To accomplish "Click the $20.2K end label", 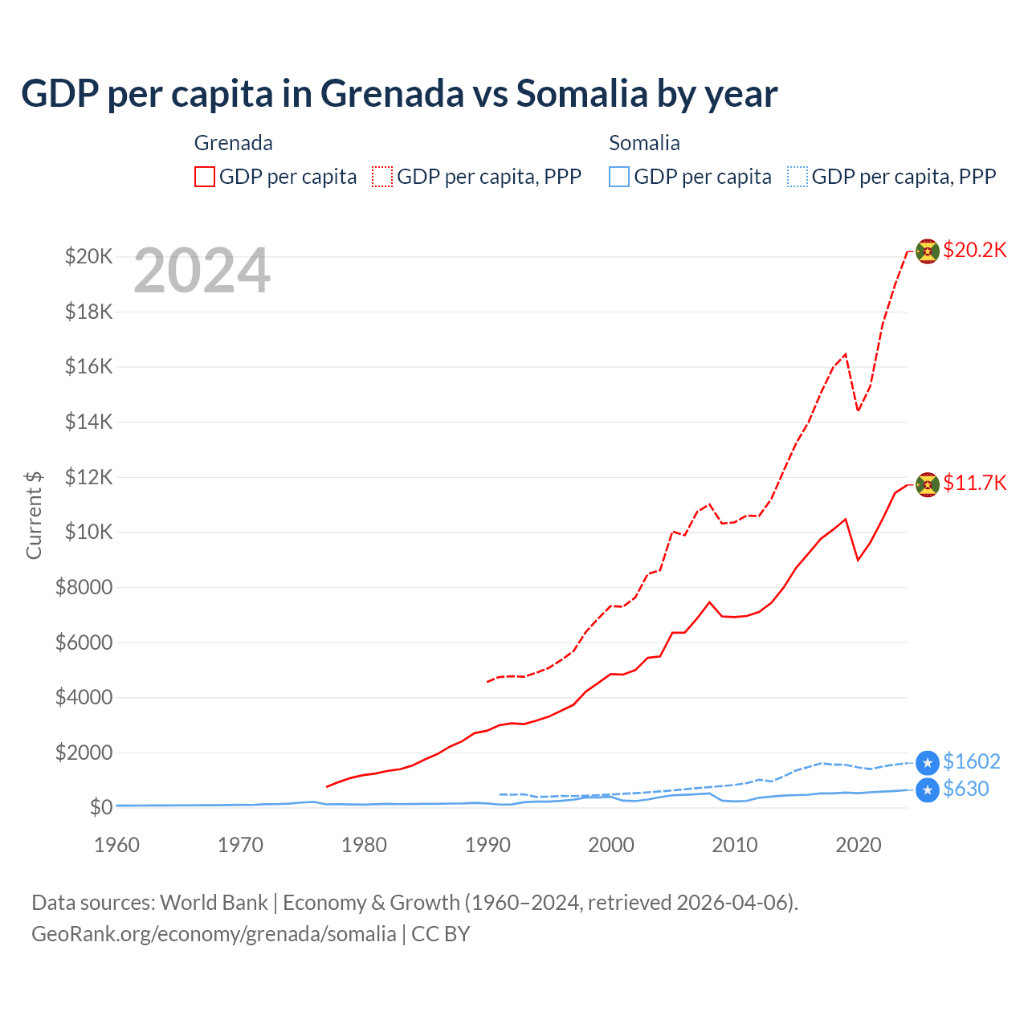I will click(974, 250).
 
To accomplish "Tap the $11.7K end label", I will click(974, 483).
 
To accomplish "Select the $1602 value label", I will click(971, 761).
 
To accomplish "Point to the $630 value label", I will click(965, 789).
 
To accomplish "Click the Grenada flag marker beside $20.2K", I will click(928, 251).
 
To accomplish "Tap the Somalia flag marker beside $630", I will click(928, 790).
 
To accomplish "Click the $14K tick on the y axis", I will click(88, 422).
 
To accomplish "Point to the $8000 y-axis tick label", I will click(84, 587).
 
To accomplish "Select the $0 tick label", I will click(100, 807).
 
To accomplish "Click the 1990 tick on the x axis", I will click(487, 845).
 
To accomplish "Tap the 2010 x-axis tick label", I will click(735, 845).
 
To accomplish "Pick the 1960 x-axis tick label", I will click(116, 845).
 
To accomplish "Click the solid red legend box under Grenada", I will click(205, 177).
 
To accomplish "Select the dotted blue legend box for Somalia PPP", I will click(798, 177).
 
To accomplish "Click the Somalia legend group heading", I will click(644, 143).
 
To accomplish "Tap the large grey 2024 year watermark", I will click(202, 271).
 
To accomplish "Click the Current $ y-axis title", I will click(34, 515).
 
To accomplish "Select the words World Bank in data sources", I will click(214, 903).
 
